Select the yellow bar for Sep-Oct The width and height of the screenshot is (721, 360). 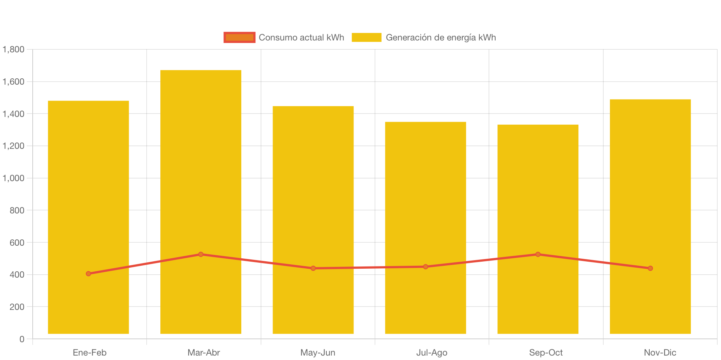(538, 186)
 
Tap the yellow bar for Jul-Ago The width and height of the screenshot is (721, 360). (425, 186)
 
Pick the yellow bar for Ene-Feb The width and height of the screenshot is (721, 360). (88, 186)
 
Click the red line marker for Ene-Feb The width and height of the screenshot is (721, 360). (88, 274)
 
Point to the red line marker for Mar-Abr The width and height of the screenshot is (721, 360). (201, 254)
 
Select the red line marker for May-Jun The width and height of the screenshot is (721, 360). (313, 268)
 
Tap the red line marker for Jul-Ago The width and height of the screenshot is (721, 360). (425, 266)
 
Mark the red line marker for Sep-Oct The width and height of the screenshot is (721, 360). (538, 254)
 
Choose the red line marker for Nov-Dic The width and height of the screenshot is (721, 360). (650, 268)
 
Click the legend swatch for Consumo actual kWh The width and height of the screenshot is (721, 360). (239, 37)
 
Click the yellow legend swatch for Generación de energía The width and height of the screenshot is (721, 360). (366, 37)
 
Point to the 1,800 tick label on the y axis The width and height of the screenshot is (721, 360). (13, 49)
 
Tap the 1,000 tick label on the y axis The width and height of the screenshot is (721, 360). (13, 178)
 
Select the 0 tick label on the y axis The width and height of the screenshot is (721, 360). (22, 339)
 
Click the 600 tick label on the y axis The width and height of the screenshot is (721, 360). (17, 243)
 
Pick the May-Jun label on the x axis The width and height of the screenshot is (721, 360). (317, 353)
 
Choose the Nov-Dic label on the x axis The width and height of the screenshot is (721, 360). (660, 353)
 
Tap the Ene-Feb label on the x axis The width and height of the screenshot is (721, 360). (89, 353)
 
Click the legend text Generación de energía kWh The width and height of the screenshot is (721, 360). (441, 37)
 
